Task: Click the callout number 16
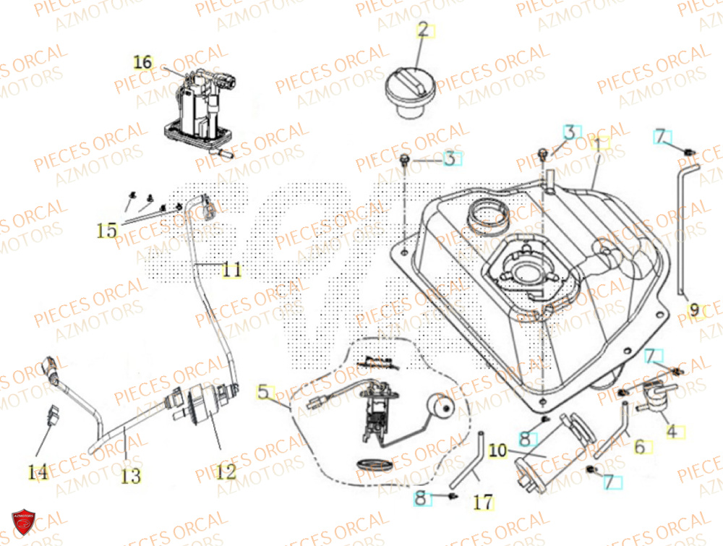click(x=143, y=62)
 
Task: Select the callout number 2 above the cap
click(x=423, y=30)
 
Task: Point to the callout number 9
click(x=694, y=311)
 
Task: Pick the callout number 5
click(x=265, y=393)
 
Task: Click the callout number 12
click(x=226, y=472)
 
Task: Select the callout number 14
click(x=38, y=472)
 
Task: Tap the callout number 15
click(x=107, y=231)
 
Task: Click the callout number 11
click(x=231, y=270)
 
